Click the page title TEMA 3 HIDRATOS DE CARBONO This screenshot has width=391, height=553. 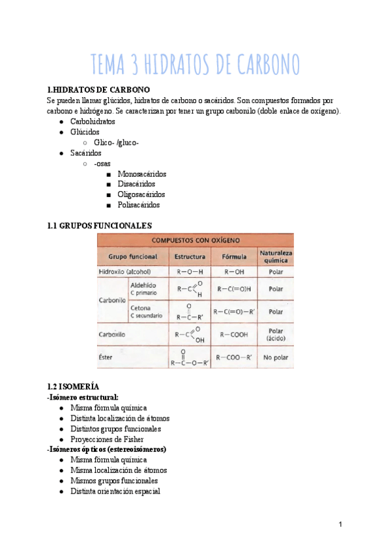coord(195,65)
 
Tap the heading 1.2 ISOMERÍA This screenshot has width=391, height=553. coord(74,386)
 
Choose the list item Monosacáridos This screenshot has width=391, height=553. coord(141,174)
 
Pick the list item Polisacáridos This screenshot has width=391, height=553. coord(138,205)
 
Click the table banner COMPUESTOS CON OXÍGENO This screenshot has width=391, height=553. coord(195,240)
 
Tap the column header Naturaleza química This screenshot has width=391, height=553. coord(276,256)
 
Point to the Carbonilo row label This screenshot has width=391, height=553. coord(112,301)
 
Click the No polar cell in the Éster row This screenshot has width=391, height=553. coord(276,357)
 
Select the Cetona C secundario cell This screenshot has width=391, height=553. coord(146,311)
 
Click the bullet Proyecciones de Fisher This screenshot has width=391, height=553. coord(107,439)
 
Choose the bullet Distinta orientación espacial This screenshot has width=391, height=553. coord(115,491)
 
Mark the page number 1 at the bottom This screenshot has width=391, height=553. coord(340,525)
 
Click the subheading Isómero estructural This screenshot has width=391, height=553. coord(83,396)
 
